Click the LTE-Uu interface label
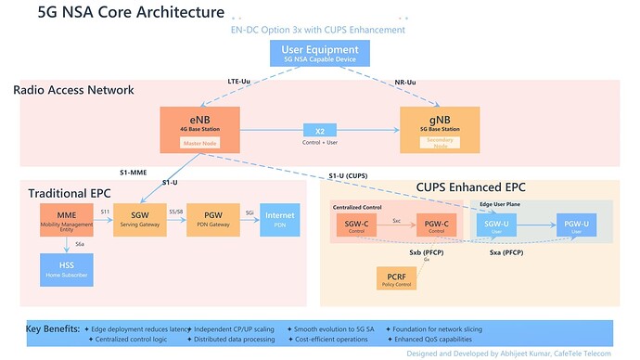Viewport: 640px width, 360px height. (x=240, y=82)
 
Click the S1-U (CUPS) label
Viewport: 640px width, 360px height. (x=350, y=176)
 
